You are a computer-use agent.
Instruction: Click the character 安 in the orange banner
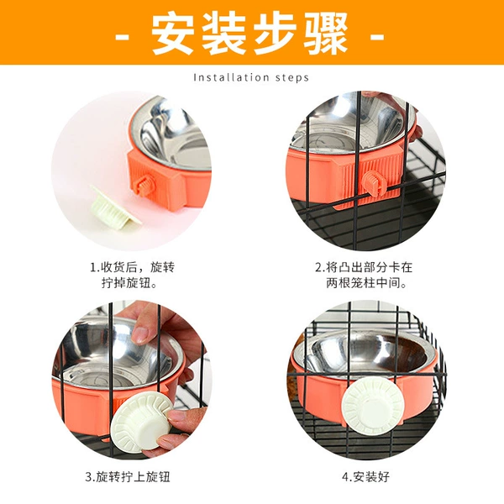tap(173, 33)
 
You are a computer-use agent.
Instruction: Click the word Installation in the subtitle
tap(232, 77)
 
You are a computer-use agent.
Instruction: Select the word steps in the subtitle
tap(291, 78)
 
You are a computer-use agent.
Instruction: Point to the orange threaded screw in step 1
tap(145, 186)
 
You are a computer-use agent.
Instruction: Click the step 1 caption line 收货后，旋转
tap(138, 267)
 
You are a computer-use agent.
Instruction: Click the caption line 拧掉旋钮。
tap(129, 283)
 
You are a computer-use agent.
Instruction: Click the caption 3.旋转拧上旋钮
tap(128, 477)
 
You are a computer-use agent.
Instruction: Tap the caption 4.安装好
tap(365, 477)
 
